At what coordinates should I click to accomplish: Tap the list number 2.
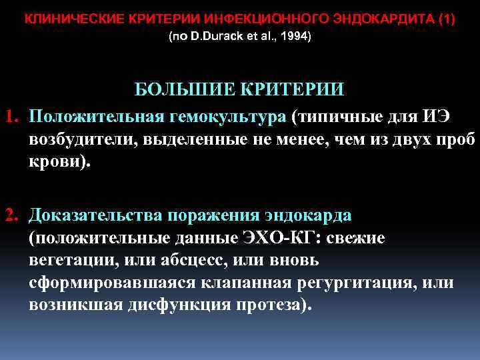(11, 215)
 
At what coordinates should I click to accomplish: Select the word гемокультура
(225, 117)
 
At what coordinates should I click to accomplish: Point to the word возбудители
(79, 141)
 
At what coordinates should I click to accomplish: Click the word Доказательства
(96, 215)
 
